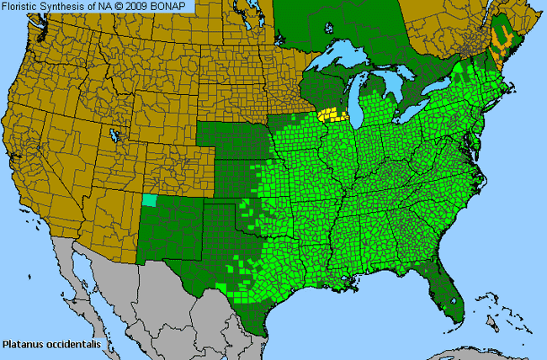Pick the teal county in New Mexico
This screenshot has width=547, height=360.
(150, 200)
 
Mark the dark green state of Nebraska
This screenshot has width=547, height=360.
(231, 135)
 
